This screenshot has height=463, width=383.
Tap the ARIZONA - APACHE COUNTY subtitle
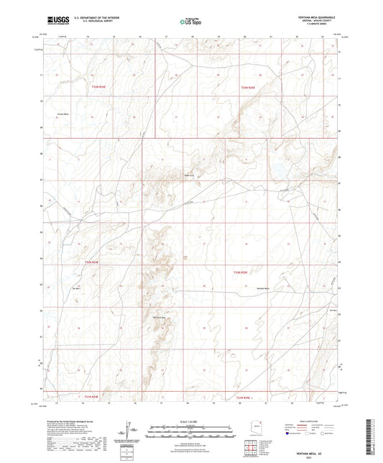point(317,20)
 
